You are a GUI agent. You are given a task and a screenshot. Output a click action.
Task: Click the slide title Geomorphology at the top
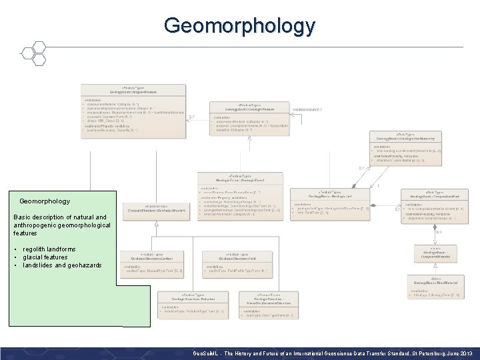tap(239, 26)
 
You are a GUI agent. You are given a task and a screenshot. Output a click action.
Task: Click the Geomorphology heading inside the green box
tap(45, 201)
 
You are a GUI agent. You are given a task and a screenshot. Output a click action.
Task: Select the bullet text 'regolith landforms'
tap(49, 249)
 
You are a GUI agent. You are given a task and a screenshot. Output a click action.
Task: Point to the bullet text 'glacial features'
tap(45, 257)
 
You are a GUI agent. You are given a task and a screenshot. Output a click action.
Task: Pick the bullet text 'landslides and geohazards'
tap(62, 265)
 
